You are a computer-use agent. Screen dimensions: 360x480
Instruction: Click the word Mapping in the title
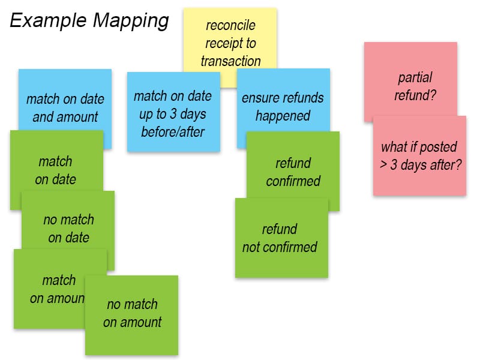click(130, 21)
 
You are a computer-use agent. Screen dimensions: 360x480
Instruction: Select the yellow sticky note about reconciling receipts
click(230, 42)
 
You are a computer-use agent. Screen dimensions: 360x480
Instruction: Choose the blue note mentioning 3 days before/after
click(173, 113)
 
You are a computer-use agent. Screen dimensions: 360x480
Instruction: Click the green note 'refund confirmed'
click(293, 172)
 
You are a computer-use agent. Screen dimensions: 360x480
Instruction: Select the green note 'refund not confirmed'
click(280, 238)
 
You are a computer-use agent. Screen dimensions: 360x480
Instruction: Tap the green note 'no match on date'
click(68, 229)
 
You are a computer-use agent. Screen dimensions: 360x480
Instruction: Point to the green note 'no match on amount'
click(132, 313)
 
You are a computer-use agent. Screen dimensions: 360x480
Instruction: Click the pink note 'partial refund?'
click(415, 86)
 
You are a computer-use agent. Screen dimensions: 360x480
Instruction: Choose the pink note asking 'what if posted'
click(419, 155)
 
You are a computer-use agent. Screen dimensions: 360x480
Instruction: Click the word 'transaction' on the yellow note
click(231, 61)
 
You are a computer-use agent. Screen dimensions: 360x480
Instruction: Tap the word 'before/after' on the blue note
click(173, 131)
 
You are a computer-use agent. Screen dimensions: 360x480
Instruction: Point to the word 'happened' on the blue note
click(283, 115)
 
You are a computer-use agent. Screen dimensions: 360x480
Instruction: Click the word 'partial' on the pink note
click(415, 77)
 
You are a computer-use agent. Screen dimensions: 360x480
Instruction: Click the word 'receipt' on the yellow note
click(219, 43)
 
